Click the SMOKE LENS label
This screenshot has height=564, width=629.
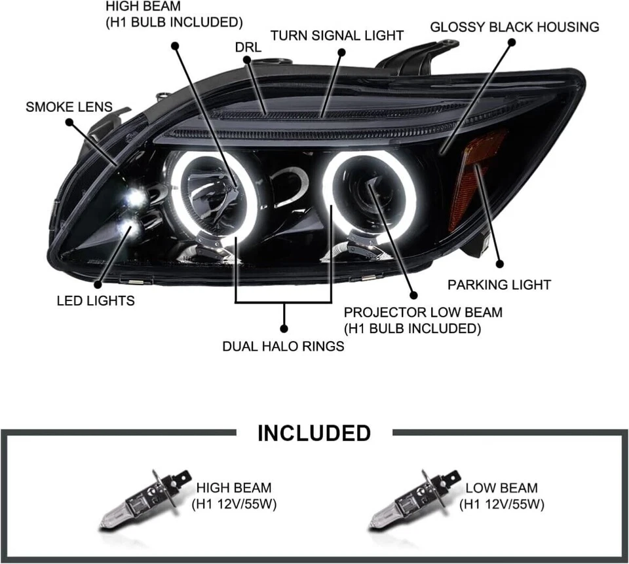[69, 106]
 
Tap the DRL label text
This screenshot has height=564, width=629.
[248, 47]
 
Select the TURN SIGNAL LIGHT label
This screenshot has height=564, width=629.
[337, 35]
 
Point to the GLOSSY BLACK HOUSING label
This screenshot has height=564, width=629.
[514, 27]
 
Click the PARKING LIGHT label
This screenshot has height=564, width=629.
[499, 285]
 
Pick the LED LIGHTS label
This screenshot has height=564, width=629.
[96, 300]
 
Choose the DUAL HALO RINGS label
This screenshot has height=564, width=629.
[283, 346]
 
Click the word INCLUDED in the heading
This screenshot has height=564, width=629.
[314, 432]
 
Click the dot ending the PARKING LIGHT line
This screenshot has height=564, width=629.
[499, 264]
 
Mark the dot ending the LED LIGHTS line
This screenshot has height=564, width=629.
[98, 283]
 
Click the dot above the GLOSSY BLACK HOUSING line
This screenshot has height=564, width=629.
[512, 41]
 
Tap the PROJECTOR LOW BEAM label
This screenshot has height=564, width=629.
[423, 320]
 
